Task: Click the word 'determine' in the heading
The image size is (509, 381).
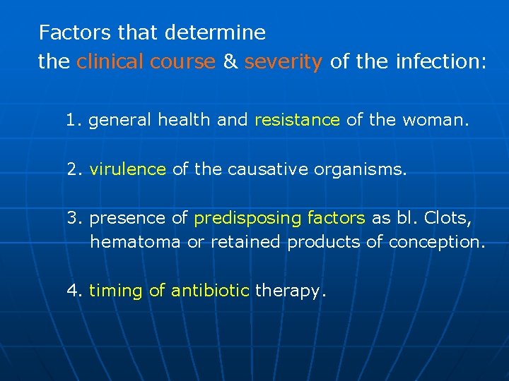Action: tap(215, 32)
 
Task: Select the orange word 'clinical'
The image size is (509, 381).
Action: tap(110, 62)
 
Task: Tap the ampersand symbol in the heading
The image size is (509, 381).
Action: tap(230, 62)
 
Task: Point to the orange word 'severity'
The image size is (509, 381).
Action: tap(283, 62)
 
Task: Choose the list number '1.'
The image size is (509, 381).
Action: tap(74, 120)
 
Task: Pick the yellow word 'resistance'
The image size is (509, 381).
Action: tap(297, 120)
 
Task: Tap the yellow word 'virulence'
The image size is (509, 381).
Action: tap(128, 169)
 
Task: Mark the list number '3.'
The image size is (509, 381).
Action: tap(75, 219)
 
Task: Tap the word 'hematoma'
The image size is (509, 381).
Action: tap(131, 242)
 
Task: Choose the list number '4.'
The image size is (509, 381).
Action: tap(75, 291)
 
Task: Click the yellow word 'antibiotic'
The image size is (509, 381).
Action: tap(211, 291)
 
